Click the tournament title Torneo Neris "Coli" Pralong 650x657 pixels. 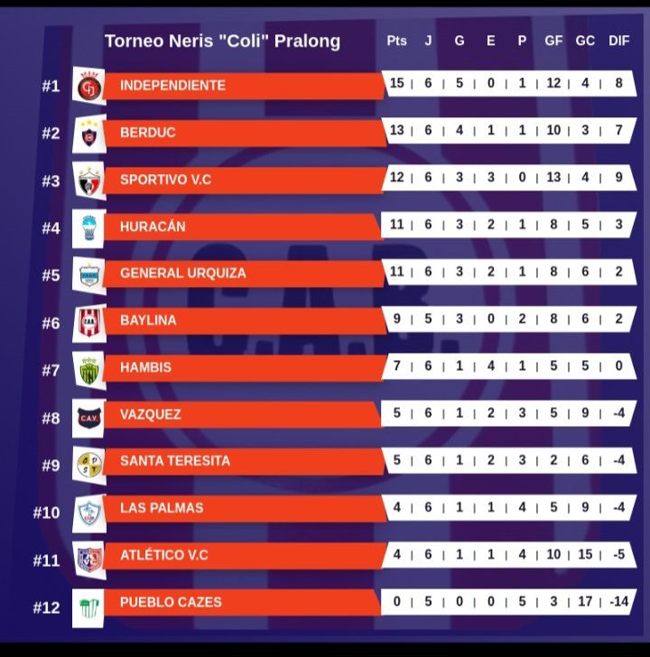tap(222, 41)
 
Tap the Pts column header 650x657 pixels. tap(396, 41)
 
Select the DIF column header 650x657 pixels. tap(619, 41)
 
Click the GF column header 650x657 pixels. tap(553, 41)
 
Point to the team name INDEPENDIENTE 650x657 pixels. tap(172, 85)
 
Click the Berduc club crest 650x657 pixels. tap(88, 134)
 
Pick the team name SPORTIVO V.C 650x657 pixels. tap(165, 180)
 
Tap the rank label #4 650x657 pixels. tap(51, 227)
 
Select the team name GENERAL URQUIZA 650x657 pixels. tap(182, 273)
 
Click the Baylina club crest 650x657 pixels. tap(88, 321)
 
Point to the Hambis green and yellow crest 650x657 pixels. tap(88, 368)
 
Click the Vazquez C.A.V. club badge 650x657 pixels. tap(88, 416)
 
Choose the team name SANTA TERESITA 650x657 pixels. tap(174, 460)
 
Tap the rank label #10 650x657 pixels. tap(46, 513)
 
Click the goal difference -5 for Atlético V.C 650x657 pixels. tap(618, 554)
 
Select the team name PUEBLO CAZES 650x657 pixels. tap(171, 602)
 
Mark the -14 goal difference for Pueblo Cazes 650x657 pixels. tap(618, 601)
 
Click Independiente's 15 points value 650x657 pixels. tap(397, 83)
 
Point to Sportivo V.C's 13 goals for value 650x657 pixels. tap(553, 178)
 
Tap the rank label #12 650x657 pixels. tap(46, 607)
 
